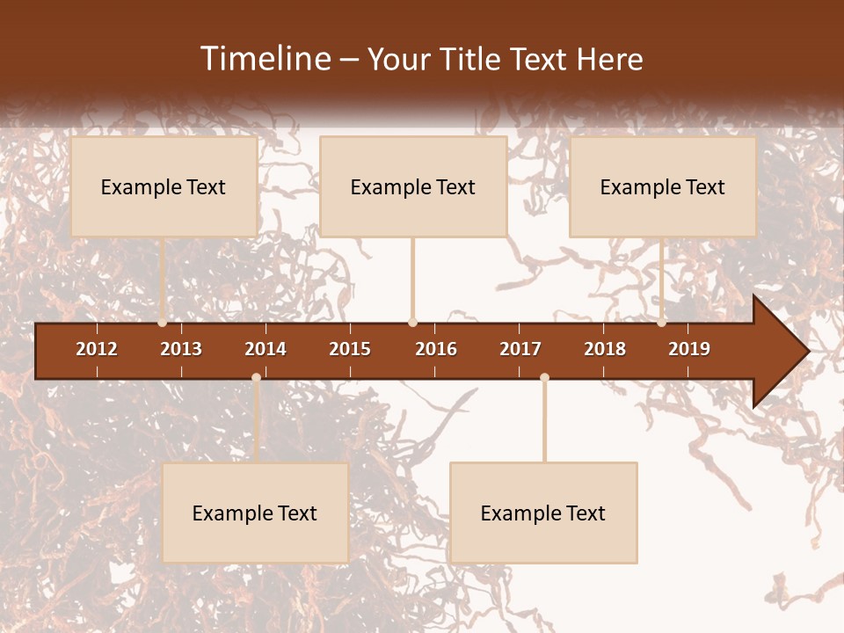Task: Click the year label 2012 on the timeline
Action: pos(97,349)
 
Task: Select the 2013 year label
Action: pos(181,349)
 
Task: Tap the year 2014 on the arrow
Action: pos(266,349)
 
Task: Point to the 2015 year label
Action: pos(350,349)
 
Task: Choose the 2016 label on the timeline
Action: pos(436,349)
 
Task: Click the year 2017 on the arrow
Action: pos(520,349)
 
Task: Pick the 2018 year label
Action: pos(605,349)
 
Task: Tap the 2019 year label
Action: pos(689,349)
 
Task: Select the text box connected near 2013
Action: pos(164,186)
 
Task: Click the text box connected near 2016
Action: pos(413,186)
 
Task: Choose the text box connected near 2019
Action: pos(663,186)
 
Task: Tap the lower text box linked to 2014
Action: pos(255,513)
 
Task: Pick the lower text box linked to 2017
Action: pos(543,513)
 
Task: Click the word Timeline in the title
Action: pos(265,59)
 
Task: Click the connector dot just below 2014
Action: pos(256,377)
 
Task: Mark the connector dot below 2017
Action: pos(544,377)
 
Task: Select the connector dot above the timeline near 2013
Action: pos(163,323)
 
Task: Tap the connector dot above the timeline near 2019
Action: pos(662,323)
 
